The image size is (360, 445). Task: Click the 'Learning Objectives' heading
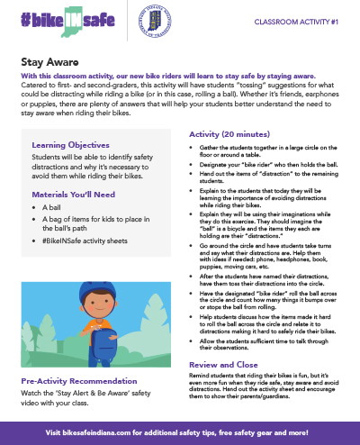73,145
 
